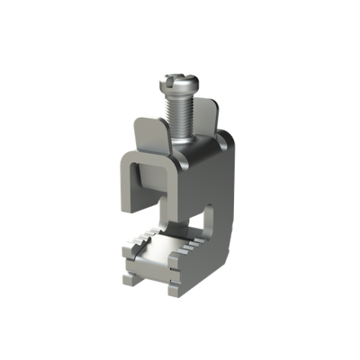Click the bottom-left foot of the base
click(130, 277)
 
